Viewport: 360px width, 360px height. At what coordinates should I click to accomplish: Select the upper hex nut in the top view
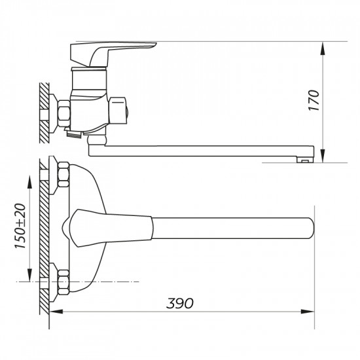click(x=63, y=174)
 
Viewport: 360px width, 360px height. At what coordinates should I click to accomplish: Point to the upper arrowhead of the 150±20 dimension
click(x=31, y=175)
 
